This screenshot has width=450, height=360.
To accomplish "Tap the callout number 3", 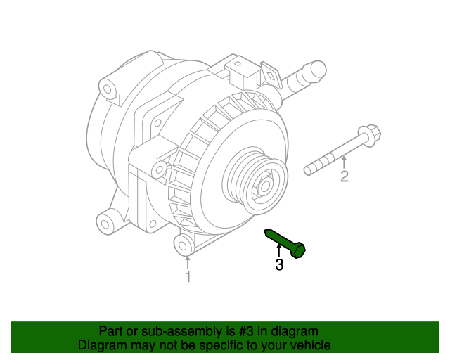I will tap(279, 265).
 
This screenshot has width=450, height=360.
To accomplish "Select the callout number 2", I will tap(344, 176).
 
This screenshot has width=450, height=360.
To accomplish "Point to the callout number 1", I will tap(188, 278).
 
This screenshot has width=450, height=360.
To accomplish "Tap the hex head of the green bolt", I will tap(299, 250).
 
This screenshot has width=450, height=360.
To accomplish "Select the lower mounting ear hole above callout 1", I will tap(184, 245).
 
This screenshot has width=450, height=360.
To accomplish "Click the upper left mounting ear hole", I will tap(107, 89).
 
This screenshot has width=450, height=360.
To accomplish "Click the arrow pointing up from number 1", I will tap(188, 263).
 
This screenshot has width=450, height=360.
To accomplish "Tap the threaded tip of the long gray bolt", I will tap(310, 169).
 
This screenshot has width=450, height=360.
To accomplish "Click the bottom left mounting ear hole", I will tap(107, 224).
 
